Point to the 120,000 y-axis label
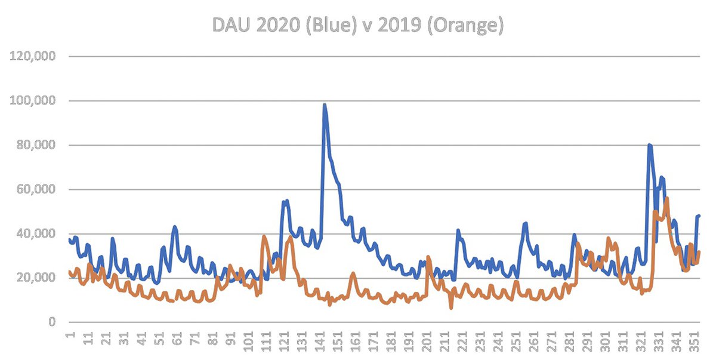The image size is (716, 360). pos(34,57)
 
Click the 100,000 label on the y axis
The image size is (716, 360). pos(34,101)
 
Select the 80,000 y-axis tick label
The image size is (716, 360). pos(36,145)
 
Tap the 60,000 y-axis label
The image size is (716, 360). pos(36,190)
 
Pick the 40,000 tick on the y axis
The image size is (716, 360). pos(36,234)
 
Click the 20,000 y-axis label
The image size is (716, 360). pos(36,278)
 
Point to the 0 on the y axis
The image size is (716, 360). pos(52,322)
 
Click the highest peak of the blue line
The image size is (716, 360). pos(325,105)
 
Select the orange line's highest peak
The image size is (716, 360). pos(666,198)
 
